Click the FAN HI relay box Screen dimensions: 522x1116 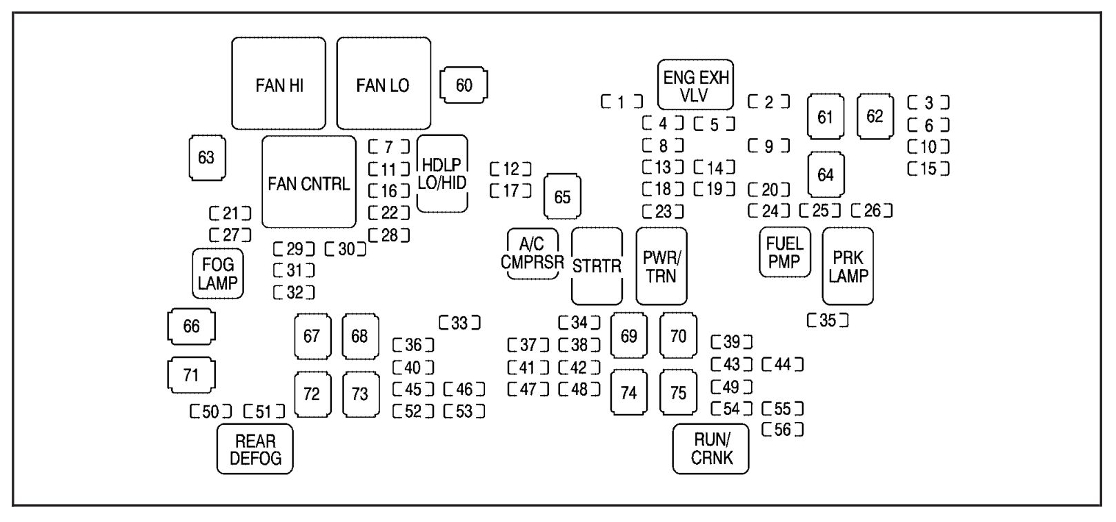pos(279,83)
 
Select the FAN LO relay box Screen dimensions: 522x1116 pos(383,83)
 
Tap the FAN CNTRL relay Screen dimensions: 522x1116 pos(309,183)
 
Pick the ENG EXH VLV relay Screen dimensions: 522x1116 pos(695,85)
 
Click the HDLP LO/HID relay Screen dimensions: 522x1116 pos(442,174)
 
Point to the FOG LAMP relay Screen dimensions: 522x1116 pos(218,273)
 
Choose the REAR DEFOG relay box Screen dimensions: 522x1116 pos(255,449)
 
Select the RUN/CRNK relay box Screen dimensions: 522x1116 pos(710,449)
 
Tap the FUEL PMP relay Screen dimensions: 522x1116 pos(785,252)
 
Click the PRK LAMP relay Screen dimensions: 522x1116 pos(848,266)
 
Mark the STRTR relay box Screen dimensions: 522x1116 pos(597,266)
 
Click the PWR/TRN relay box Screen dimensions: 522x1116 pos(661,266)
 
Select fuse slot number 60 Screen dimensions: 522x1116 pos(464,85)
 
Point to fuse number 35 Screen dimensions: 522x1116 pos(828,320)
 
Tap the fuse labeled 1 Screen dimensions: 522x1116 pos(621,102)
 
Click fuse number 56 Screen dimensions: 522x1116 pos(783,430)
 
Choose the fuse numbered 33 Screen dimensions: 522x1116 pos(459,322)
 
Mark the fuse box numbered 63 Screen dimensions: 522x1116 pos(206,158)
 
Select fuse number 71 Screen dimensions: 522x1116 pos(191,375)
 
